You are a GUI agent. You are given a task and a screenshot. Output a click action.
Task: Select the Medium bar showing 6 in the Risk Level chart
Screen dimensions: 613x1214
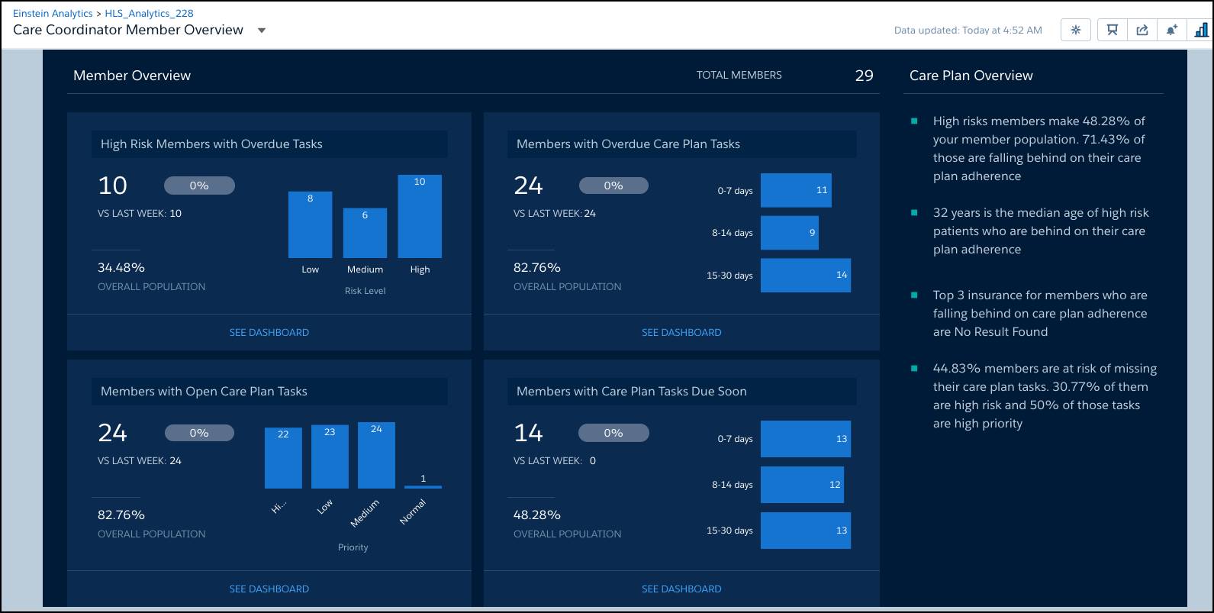[x=365, y=233]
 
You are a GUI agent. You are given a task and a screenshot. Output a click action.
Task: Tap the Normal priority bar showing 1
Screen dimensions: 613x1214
[x=423, y=486]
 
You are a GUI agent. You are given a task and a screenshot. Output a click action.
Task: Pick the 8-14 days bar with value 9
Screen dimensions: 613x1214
[x=789, y=233]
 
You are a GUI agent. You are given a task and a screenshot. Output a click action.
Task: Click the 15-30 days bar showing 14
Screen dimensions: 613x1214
[x=805, y=275]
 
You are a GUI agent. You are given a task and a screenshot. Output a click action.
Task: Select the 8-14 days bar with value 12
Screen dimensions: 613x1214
[x=802, y=485]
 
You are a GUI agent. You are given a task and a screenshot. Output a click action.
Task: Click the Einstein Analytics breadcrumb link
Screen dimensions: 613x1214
[x=53, y=13]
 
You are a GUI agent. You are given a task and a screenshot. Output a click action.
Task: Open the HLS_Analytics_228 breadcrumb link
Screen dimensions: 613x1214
[x=149, y=13]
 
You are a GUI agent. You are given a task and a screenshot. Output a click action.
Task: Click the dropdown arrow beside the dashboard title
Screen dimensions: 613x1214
[x=262, y=31]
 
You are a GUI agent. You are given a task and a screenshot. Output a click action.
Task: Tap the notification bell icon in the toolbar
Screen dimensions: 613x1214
[x=1171, y=30]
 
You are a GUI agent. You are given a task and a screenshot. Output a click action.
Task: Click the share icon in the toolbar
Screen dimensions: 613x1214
[x=1142, y=30]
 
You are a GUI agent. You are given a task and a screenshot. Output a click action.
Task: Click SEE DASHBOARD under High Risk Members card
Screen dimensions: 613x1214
[x=269, y=332]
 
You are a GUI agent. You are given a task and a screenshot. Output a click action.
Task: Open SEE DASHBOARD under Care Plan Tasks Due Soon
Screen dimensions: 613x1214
[x=681, y=589]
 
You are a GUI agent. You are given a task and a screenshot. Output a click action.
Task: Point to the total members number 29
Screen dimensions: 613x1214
[x=864, y=76]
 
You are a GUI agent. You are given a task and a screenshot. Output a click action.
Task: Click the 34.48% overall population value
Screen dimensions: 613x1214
[x=121, y=267]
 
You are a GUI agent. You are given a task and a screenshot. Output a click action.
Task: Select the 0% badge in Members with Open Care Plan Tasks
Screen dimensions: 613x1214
[x=199, y=433]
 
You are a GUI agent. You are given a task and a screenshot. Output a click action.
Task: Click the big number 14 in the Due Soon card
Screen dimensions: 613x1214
[x=528, y=433]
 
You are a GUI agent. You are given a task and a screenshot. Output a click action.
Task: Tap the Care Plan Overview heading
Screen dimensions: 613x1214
[x=971, y=76]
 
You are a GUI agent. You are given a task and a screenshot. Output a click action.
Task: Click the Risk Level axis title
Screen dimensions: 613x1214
[x=365, y=291]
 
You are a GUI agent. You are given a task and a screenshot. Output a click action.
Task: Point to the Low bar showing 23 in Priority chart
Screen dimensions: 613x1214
[x=330, y=457]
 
